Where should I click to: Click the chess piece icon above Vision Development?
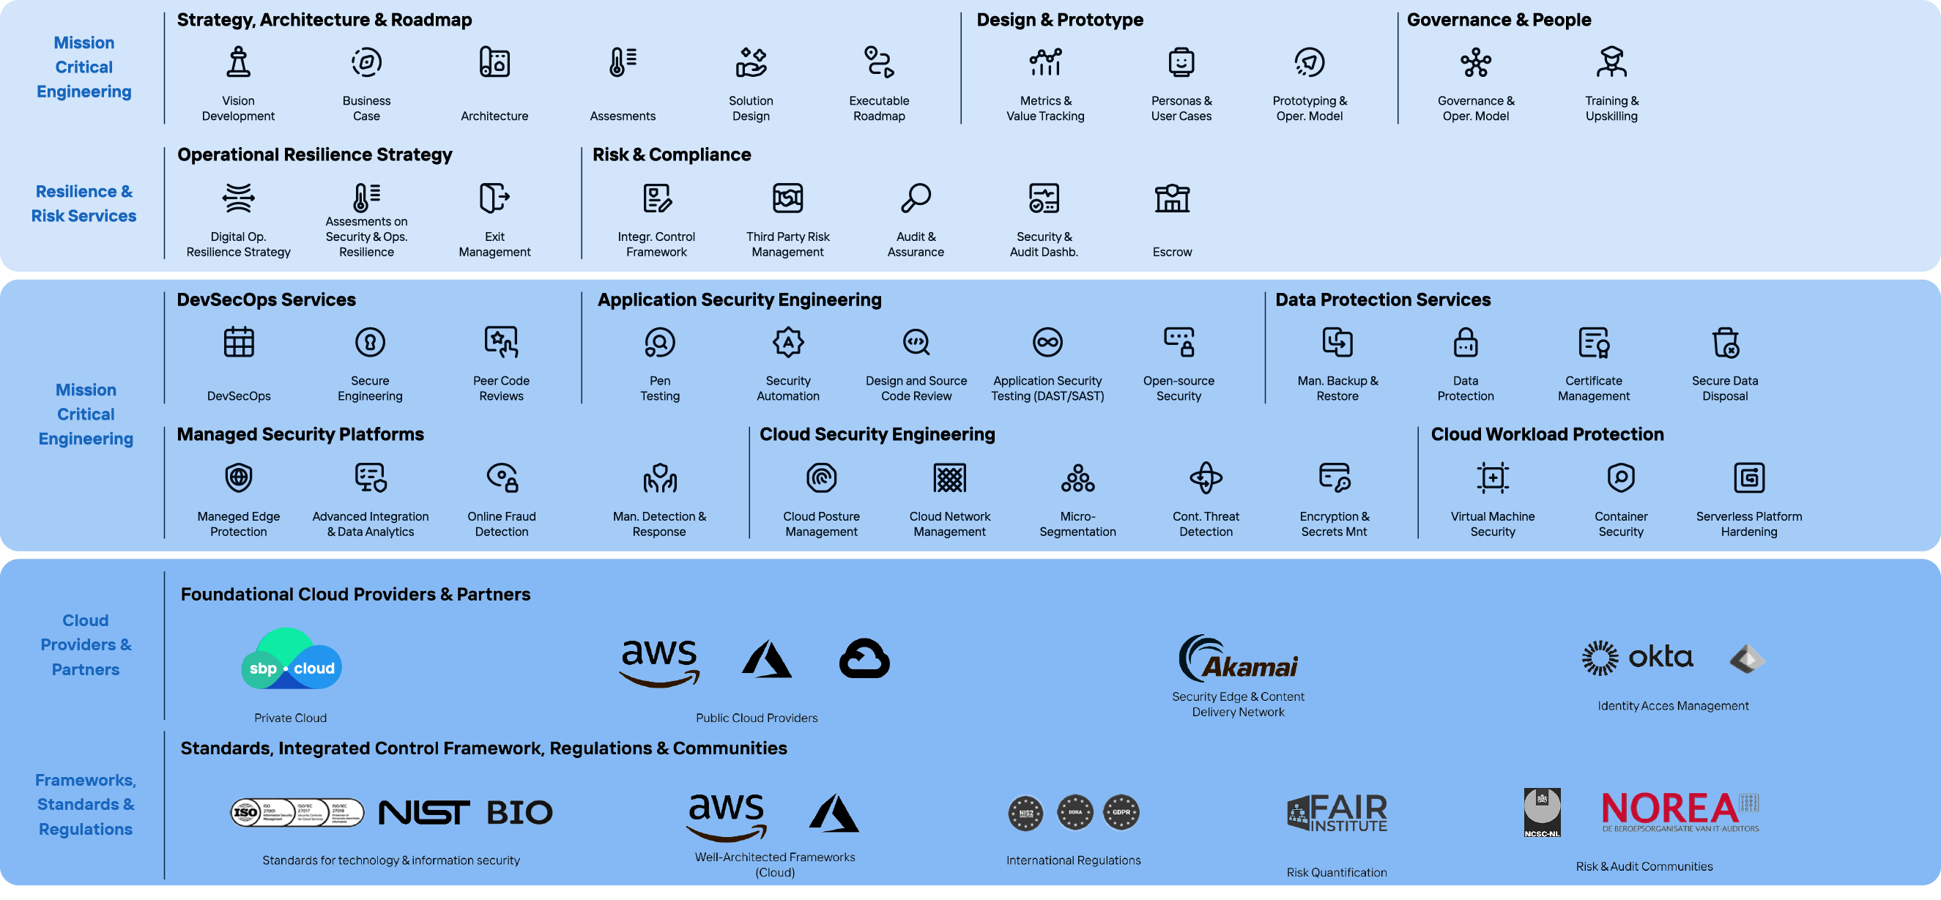pyautogui.click(x=238, y=62)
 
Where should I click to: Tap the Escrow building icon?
pyautogui.click(x=1172, y=198)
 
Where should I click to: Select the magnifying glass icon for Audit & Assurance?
pyautogui.click(x=916, y=198)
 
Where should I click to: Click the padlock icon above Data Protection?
pyautogui.click(x=1465, y=343)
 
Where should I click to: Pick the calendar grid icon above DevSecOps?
pyautogui.click(x=238, y=343)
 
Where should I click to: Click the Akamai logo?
pyautogui.click(x=1237, y=659)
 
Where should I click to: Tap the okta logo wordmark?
pyautogui.click(x=1660, y=658)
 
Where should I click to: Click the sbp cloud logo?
pyautogui.click(x=291, y=660)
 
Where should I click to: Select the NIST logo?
pyautogui.click(x=423, y=813)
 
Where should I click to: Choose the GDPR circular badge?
pyautogui.click(x=1121, y=813)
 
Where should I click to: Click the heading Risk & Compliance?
pyautogui.click(x=672, y=155)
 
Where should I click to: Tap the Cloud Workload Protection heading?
pyautogui.click(x=1547, y=434)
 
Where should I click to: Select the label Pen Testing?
pyautogui.click(x=659, y=389)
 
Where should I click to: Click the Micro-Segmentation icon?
pyautogui.click(x=1077, y=478)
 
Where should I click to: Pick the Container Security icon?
pyautogui.click(x=1621, y=478)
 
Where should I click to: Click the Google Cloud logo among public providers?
pyautogui.click(x=864, y=659)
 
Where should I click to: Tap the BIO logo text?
pyautogui.click(x=519, y=813)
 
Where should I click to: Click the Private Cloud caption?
pyautogui.click(x=290, y=718)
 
